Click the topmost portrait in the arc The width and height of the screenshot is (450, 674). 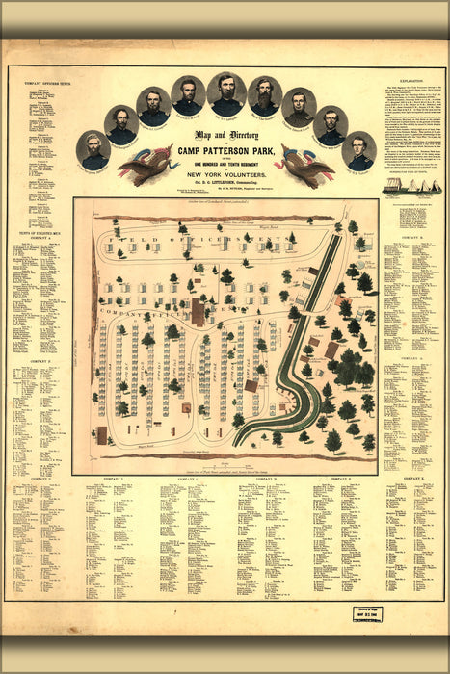pyautogui.click(x=226, y=93)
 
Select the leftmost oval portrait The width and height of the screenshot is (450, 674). pyautogui.click(x=93, y=150)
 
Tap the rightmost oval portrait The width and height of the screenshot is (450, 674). pyautogui.click(x=358, y=150)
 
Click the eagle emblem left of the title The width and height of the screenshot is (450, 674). pyautogui.click(x=146, y=164)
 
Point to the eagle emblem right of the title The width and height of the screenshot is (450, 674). pyautogui.click(x=305, y=164)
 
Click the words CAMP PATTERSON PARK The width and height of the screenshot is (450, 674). pyautogui.click(x=225, y=155)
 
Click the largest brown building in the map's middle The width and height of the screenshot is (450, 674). pyautogui.click(x=199, y=311)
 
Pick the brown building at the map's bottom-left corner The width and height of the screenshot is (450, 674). pyautogui.click(x=102, y=434)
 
